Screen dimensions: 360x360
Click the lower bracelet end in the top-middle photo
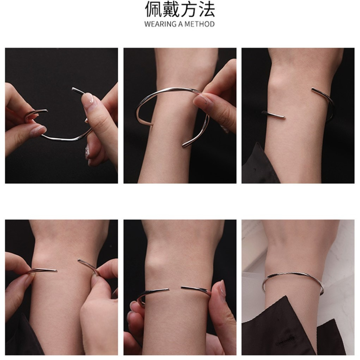point(184,145)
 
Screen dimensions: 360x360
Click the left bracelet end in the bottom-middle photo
point(168,290)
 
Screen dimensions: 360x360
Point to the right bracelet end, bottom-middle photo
point(182,287)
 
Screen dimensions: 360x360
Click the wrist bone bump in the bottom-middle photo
point(153,261)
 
